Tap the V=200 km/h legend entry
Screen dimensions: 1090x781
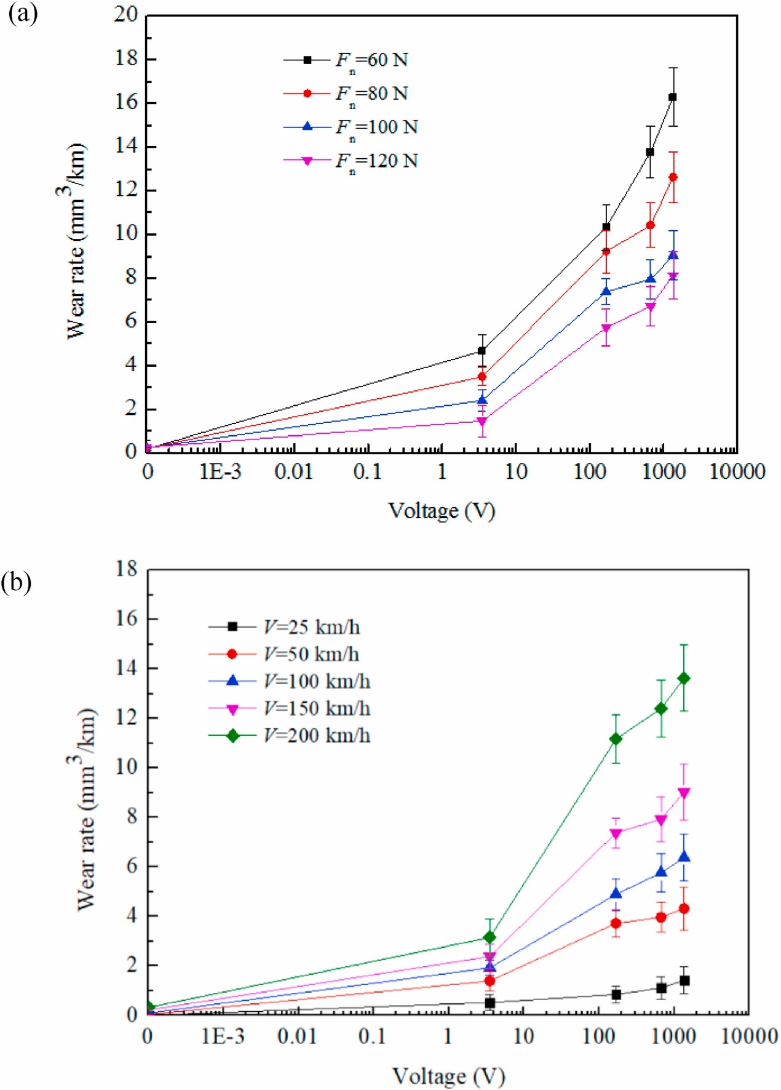pyautogui.click(x=289, y=735)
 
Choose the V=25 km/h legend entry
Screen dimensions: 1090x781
pyautogui.click(x=284, y=627)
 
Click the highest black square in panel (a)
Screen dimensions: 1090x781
pyautogui.click(x=673, y=97)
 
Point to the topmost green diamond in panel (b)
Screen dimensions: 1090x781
pyautogui.click(x=683, y=678)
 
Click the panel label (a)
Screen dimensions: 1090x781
pyautogui.click(x=23, y=14)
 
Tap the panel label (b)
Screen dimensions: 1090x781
pyautogui.click(x=17, y=582)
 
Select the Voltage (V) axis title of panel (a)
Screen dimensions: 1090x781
pyautogui.click(x=442, y=510)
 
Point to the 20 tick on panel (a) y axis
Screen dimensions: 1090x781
pyautogui.click(x=126, y=15)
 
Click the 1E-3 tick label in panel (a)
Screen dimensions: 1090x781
pyautogui.click(x=221, y=472)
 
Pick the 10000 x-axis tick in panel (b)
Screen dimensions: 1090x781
pyautogui.click(x=749, y=1036)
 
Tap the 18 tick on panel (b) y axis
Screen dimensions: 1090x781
pyautogui.click(x=127, y=569)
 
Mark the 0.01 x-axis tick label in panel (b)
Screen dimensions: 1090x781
pyautogui.click(x=297, y=1036)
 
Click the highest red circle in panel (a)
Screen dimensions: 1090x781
pyautogui.click(x=673, y=177)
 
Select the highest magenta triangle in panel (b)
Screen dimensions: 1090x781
pyautogui.click(x=683, y=793)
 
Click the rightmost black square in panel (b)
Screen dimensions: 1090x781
pyautogui.click(x=684, y=980)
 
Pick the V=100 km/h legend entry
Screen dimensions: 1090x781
pyautogui.click(x=289, y=681)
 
